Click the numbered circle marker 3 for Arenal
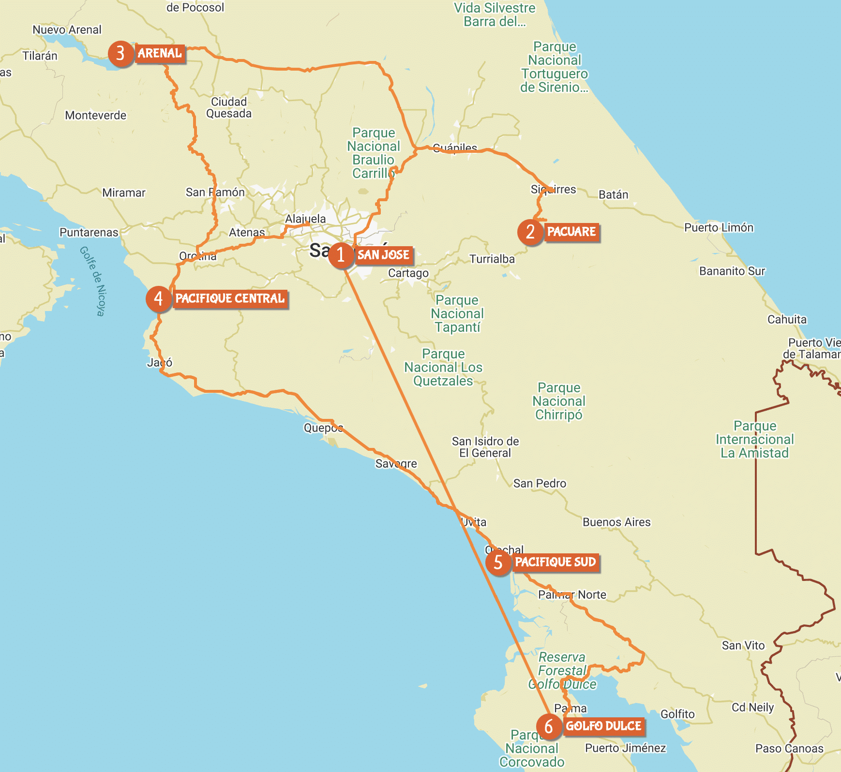pyautogui.click(x=120, y=54)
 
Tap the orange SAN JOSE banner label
pyautogui.click(x=383, y=255)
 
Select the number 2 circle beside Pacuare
pyautogui.click(x=530, y=232)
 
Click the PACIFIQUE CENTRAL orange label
pyautogui.click(x=230, y=298)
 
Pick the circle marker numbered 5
pyautogui.click(x=498, y=563)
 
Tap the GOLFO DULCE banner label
pyautogui.click(x=603, y=726)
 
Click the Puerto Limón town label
pyautogui.click(x=719, y=228)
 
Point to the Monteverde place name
pyautogui.click(x=96, y=116)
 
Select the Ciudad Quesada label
pyautogui.click(x=229, y=108)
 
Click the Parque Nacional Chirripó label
pyautogui.click(x=559, y=401)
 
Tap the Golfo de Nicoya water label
pyautogui.click(x=92, y=281)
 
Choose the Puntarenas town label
pyautogui.click(x=89, y=233)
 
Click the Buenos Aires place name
pyautogui.click(x=616, y=522)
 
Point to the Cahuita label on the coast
pyautogui.click(x=787, y=320)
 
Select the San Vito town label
pyautogui.click(x=743, y=646)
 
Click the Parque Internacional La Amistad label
pyautogui.click(x=755, y=440)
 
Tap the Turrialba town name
pyautogui.click(x=492, y=259)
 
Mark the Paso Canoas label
pyautogui.click(x=789, y=749)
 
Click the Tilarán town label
pyautogui.click(x=40, y=56)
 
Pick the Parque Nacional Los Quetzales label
pyautogui.click(x=443, y=368)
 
